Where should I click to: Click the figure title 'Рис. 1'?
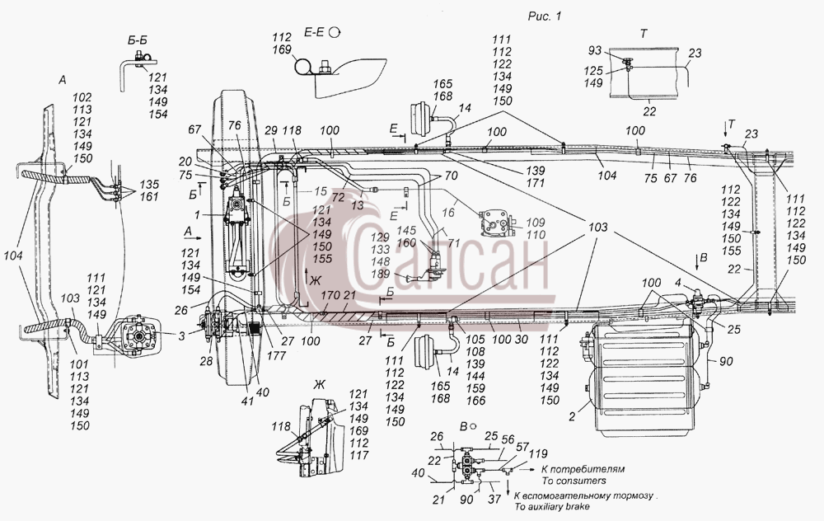545,16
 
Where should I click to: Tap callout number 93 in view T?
594,50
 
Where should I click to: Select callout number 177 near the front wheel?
276,356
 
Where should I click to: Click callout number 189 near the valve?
380,274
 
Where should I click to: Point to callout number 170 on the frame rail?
330,295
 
